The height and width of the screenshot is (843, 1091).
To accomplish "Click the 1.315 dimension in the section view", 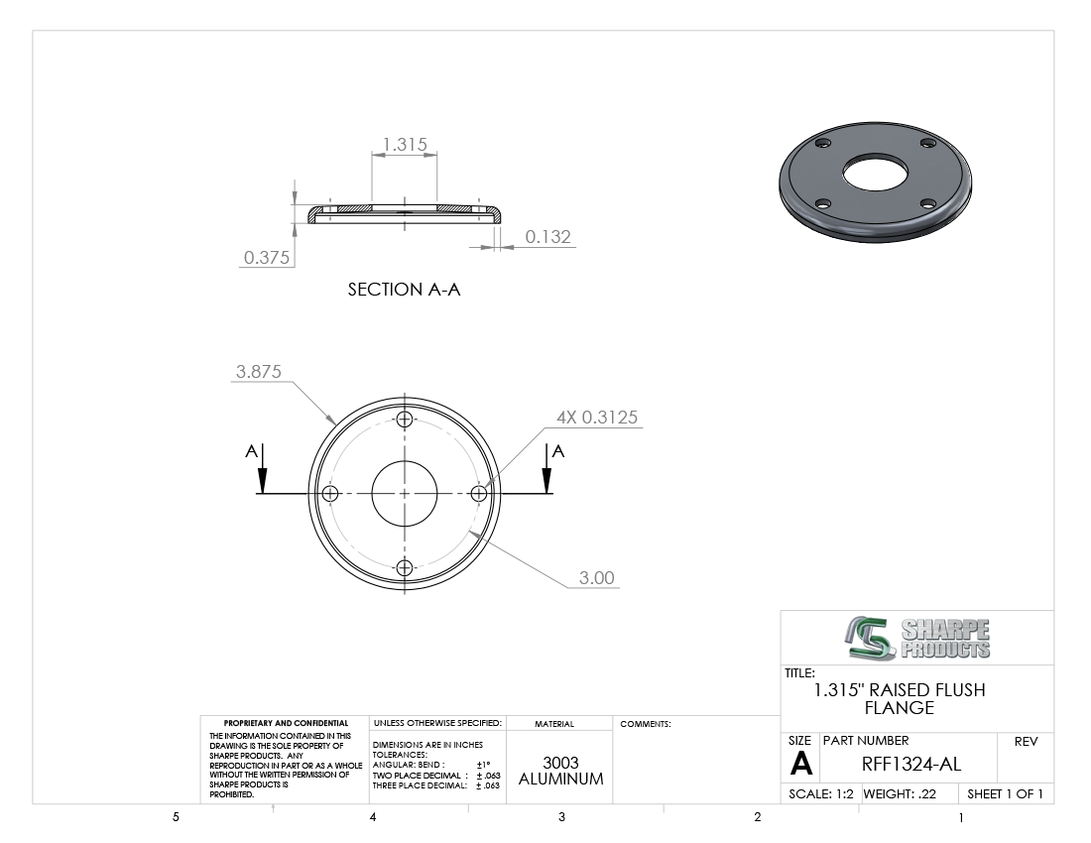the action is [x=405, y=144].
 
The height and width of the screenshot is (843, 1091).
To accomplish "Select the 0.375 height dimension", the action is [x=267, y=257].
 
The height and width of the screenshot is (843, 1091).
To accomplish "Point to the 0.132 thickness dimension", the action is [x=547, y=236].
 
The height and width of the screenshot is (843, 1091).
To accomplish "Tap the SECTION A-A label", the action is [x=405, y=290].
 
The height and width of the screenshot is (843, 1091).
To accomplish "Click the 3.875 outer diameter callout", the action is [x=259, y=372].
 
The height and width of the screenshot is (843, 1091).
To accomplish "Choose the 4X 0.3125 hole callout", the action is [x=597, y=418].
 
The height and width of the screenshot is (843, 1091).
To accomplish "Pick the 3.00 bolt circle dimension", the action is [x=597, y=578].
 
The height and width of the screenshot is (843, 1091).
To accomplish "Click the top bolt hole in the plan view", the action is [x=405, y=420].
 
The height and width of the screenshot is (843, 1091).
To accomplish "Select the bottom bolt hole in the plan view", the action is [x=405, y=567].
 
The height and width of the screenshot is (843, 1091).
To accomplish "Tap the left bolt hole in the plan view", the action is [x=330, y=494].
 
